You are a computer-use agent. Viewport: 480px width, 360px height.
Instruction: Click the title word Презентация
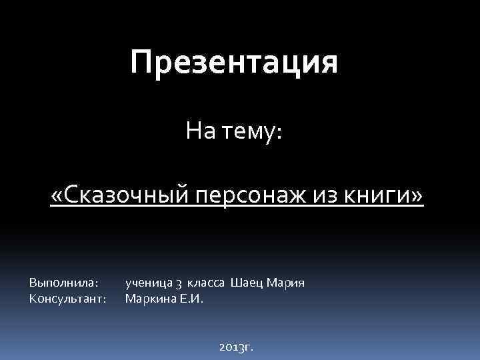(234, 63)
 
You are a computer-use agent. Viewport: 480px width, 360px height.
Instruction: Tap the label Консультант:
(68, 298)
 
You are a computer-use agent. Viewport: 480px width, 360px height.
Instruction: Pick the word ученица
(147, 283)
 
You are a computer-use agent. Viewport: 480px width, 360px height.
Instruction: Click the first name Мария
(285, 283)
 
